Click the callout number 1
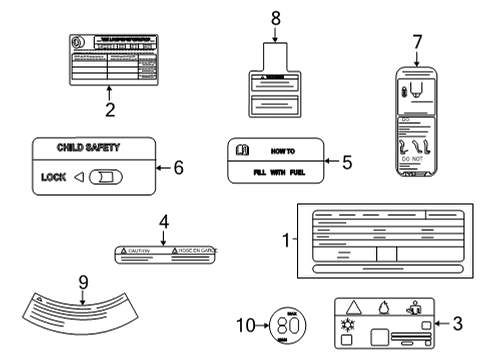point(287,241)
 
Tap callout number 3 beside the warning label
point(456,325)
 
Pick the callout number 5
point(346,162)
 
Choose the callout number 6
point(178,168)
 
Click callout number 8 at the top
point(276,17)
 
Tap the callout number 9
point(84,282)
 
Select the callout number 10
point(251,325)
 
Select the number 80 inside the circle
point(288,325)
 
